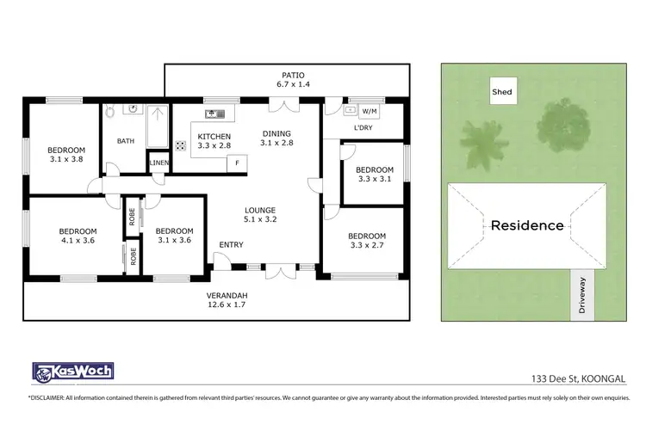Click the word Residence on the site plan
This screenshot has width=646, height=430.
point(527,226)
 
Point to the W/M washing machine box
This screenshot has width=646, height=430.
point(369,111)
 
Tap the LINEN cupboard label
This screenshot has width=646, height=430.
point(159,163)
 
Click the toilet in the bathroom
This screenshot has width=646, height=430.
point(111,112)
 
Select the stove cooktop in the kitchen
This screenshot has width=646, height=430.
point(182,144)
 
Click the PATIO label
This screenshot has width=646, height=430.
point(285,75)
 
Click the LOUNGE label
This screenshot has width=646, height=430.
point(259,210)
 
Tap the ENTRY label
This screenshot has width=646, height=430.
point(231,245)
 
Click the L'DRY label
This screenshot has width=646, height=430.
point(363,129)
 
